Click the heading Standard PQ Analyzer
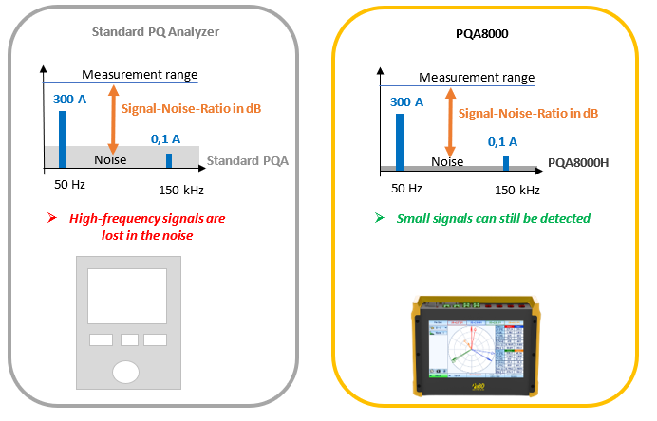pyautogui.click(x=156, y=32)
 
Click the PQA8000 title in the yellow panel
pyautogui.click(x=482, y=33)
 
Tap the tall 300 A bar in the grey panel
pyautogui.click(x=63, y=139)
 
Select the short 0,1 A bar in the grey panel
pyautogui.click(x=169, y=160)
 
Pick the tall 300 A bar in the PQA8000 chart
pyautogui.click(x=400, y=142)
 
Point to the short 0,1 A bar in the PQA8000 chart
pyautogui.click(x=506, y=164)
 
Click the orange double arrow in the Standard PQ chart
pyautogui.click(x=114, y=119)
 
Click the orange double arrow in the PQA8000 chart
pyautogui.click(x=450, y=122)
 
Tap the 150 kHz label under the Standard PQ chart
pyautogui.click(x=181, y=191)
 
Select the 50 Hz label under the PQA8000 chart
pyautogui.click(x=406, y=189)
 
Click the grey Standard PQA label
pyautogui.click(x=248, y=160)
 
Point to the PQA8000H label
pyautogui.click(x=578, y=163)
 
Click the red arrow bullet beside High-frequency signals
pyautogui.click(x=52, y=218)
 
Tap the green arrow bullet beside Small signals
pyautogui.click(x=380, y=218)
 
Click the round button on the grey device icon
pyautogui.click(x=125, y=372)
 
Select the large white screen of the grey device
pyautogui.click(x=127, y=296)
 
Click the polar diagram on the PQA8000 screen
pyautogui.click(x=471, y=349)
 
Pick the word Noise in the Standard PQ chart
pyautogui.click(x=110, y=160)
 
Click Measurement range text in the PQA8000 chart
pyautogui.click(x=477, y=78)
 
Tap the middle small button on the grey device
pyautogui.click(x=129, y=339)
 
